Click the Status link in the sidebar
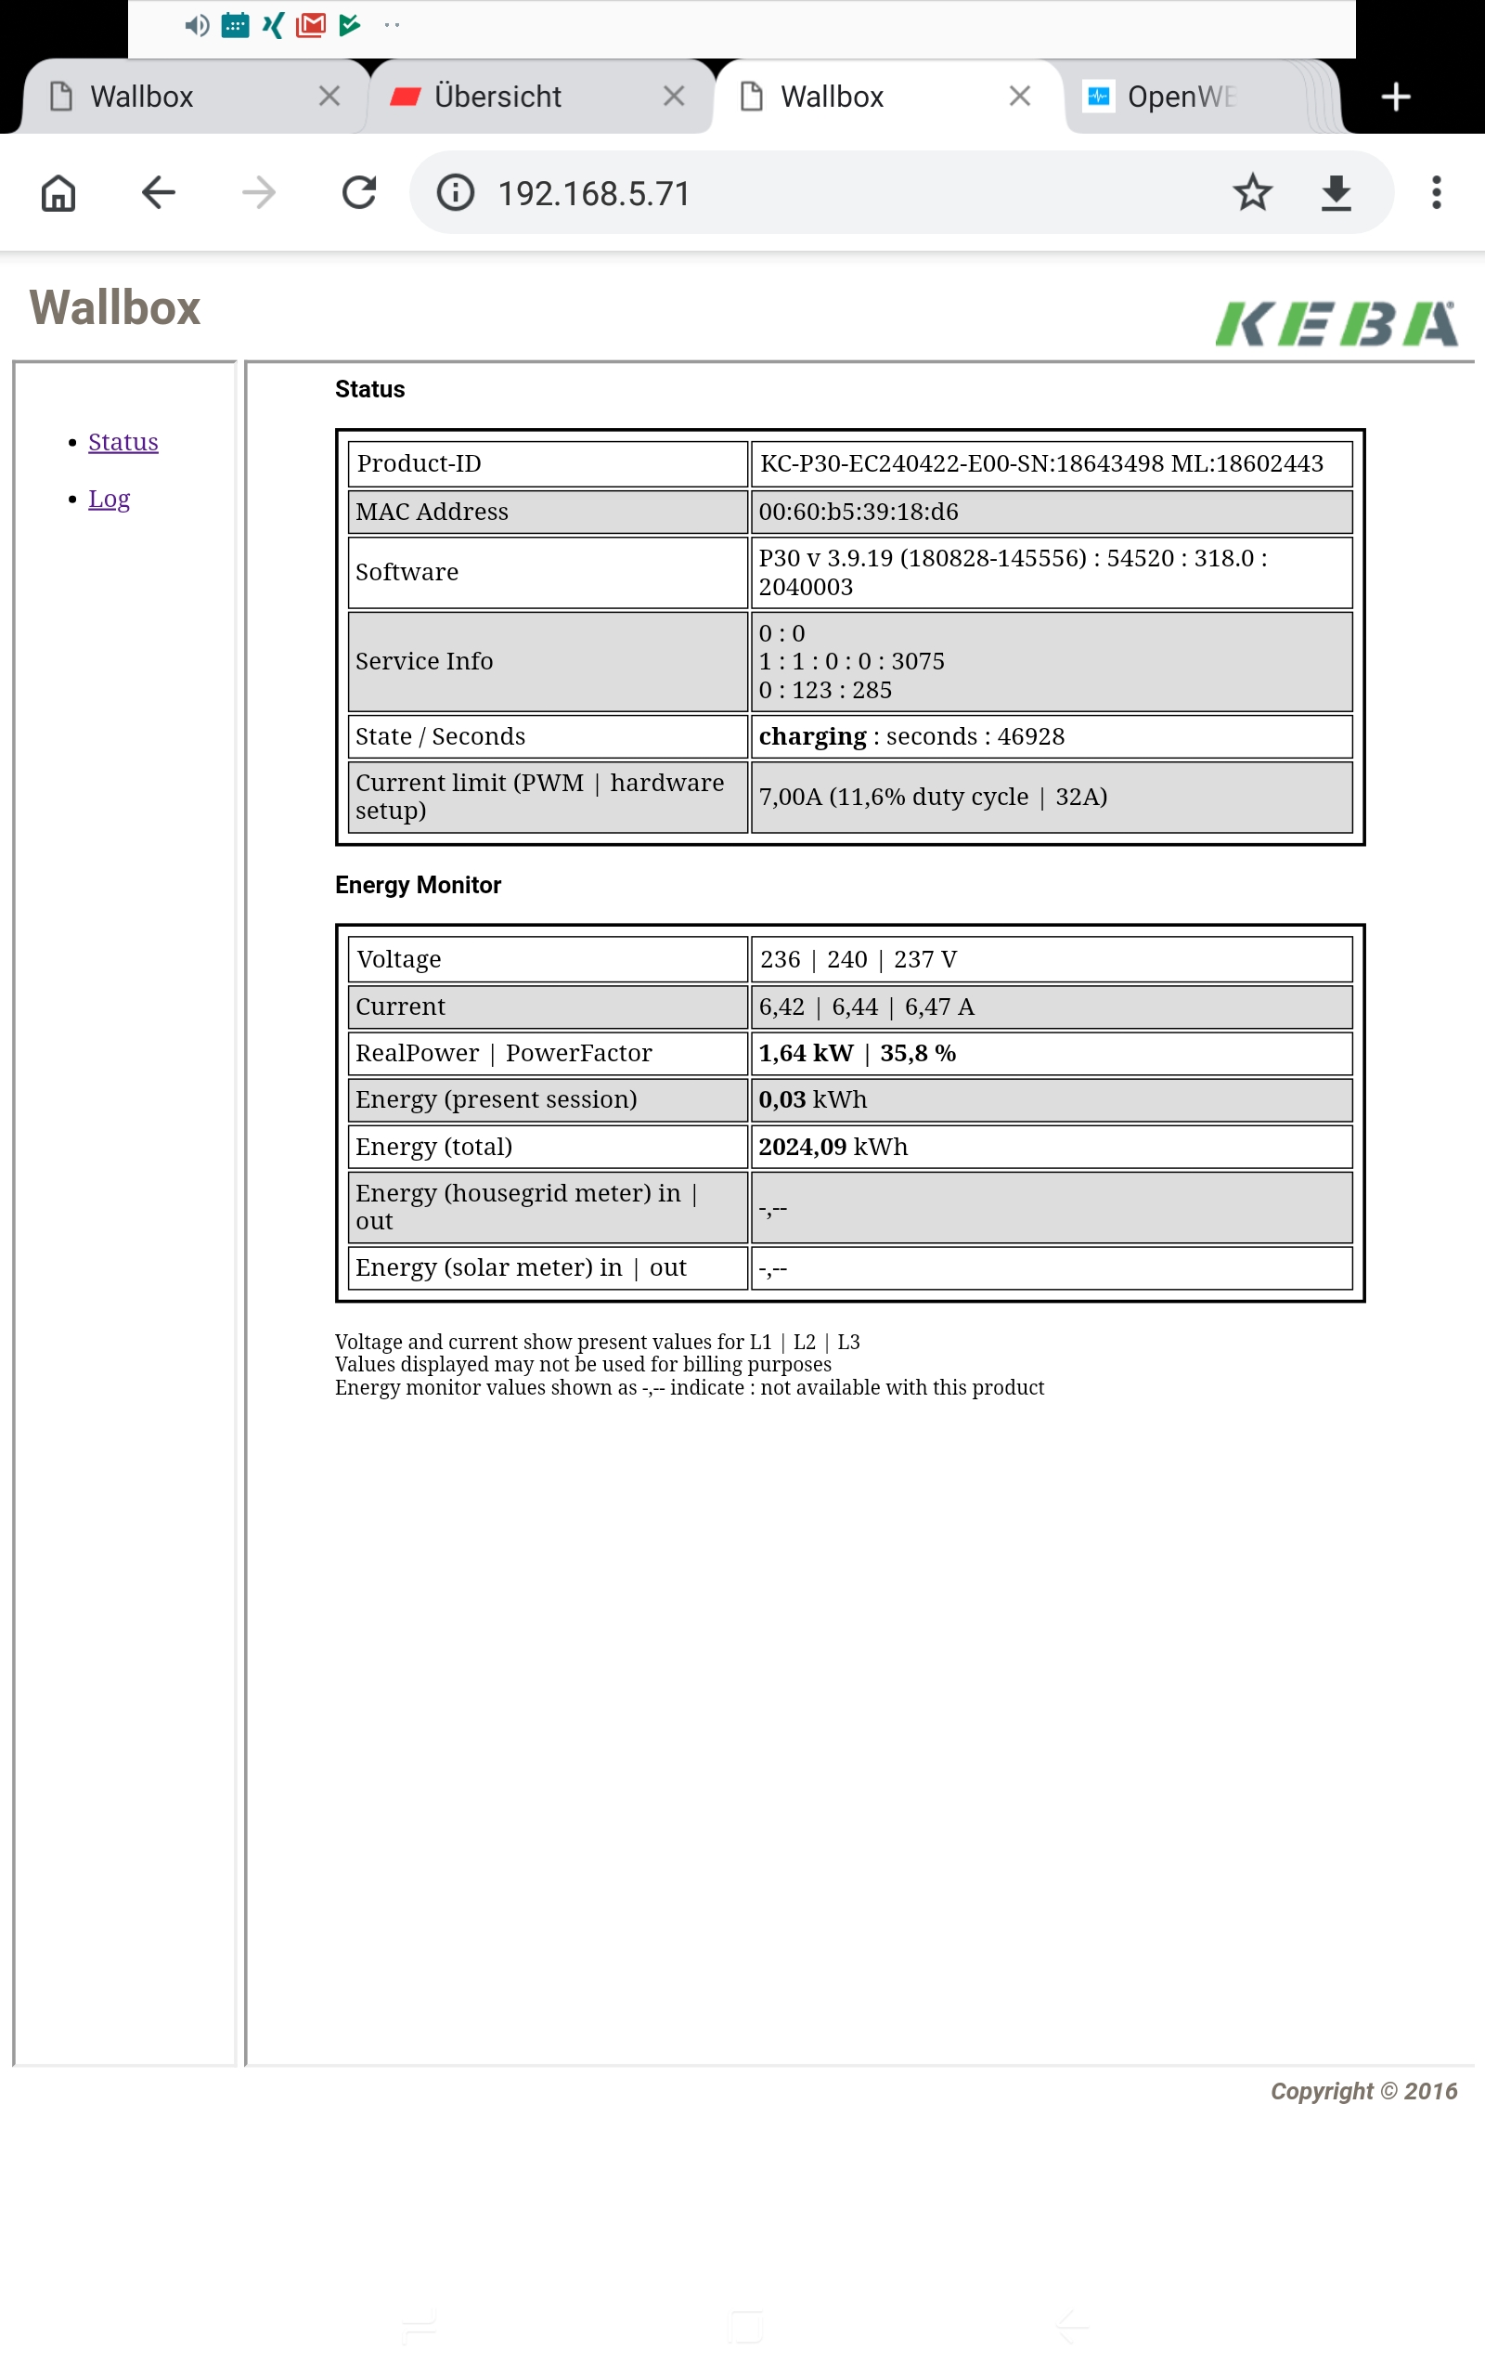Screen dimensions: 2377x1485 click(x=123, y=442)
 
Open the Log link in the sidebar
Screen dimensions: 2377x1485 click(x=109, y=499)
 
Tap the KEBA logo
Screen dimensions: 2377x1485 click(x=1336, y=323)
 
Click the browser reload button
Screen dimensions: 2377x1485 click(x=359, y=192)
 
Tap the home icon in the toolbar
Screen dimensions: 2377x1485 click(x=58, y=192)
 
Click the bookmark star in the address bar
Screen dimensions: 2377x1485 click(x=1252, y=192)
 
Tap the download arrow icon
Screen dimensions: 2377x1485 click(x=1336, y=192)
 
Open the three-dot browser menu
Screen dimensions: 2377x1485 click(x=1436, y=192)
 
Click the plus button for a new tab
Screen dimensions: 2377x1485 click(x=1396, y=97)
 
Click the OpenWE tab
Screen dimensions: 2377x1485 click(x=1179, y=97)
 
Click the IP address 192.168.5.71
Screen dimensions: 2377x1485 click(x=593, y=193)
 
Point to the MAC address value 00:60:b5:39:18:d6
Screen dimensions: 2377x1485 click(x=859, y=512)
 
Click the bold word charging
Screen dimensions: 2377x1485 click(x=812, y=736)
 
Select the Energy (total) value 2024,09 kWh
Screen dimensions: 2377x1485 click(x=833, y=1148)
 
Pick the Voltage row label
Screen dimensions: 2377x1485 click(x=399, y=960)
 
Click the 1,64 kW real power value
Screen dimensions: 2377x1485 click(x=806, y=1053)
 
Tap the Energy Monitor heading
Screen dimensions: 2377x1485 click(x=418, y=885)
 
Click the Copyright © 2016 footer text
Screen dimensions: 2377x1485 click(x=1363, y=2091)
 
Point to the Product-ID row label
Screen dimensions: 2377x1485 click(x=419, y=463)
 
